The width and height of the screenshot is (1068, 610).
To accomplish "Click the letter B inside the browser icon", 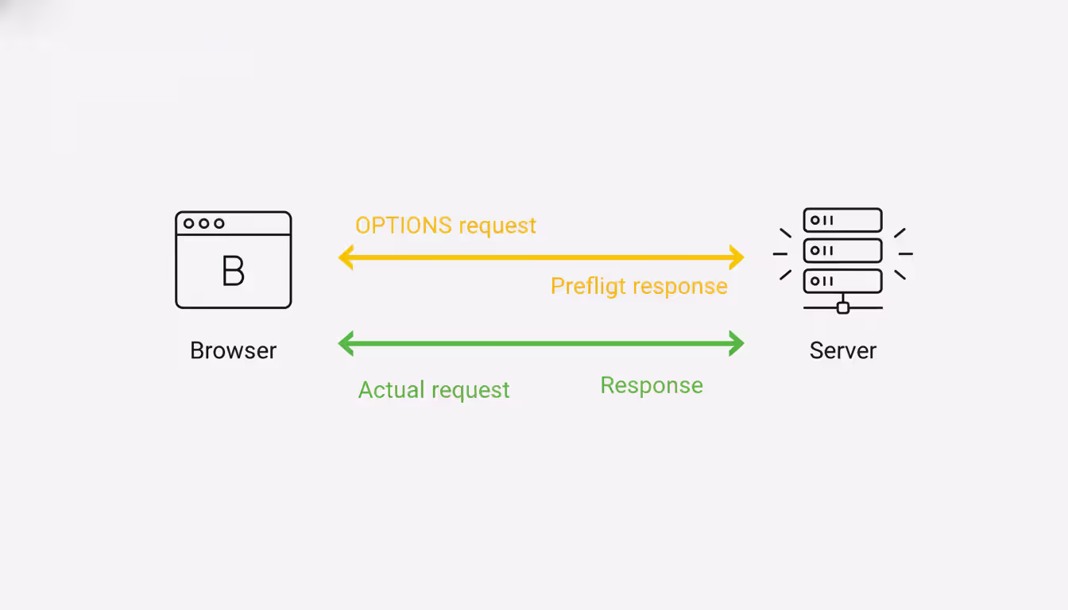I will [x=233, y=272].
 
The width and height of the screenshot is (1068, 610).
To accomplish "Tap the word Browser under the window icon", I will [x=233, y=350].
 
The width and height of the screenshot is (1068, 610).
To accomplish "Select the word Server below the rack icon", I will [x=842, y=350].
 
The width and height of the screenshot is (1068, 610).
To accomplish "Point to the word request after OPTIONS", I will [x=497, y=226].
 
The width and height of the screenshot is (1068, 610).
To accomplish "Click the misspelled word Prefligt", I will [x=583, y=286].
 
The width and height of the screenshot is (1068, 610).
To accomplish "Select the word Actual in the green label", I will [x=387, y=390].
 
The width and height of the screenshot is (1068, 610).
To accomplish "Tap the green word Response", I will [x=652, y=385].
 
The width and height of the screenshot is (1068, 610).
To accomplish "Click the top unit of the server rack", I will [x=842, y=220].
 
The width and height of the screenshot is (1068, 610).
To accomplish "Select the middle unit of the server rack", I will [x=842, y=250].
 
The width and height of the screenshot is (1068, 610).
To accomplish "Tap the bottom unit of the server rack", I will [x=842, y=280].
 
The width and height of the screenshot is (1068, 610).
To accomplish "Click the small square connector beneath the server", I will [x=843, y=307].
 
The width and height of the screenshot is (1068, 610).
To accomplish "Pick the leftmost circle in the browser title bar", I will [x=189, y=223].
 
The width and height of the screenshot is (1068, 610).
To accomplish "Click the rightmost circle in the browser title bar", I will [x=219, y=223].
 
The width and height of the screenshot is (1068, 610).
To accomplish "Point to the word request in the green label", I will [x=471, y=391].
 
